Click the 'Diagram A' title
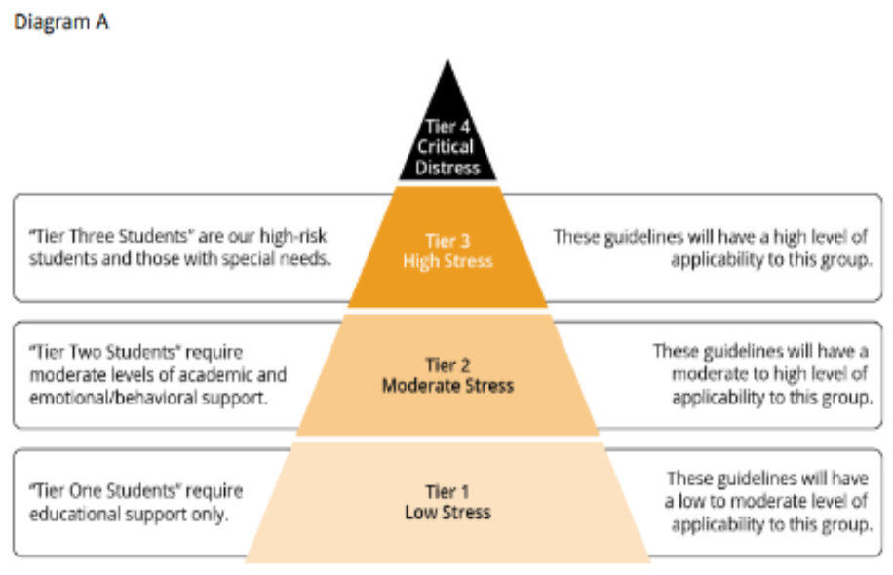[x=60, y=21]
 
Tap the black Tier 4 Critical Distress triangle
[x=447, y=136]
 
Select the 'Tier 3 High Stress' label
[x=447, y=250]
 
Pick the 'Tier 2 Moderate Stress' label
[x=447, y=375]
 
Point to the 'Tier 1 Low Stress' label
[x=447, y=501]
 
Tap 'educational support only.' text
[x=129, y=514]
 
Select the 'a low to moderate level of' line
[x=765, y=501]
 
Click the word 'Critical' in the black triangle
[x=447, y=147]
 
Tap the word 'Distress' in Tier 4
[x=447, y=168]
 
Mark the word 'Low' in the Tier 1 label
[x=421, y=513]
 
